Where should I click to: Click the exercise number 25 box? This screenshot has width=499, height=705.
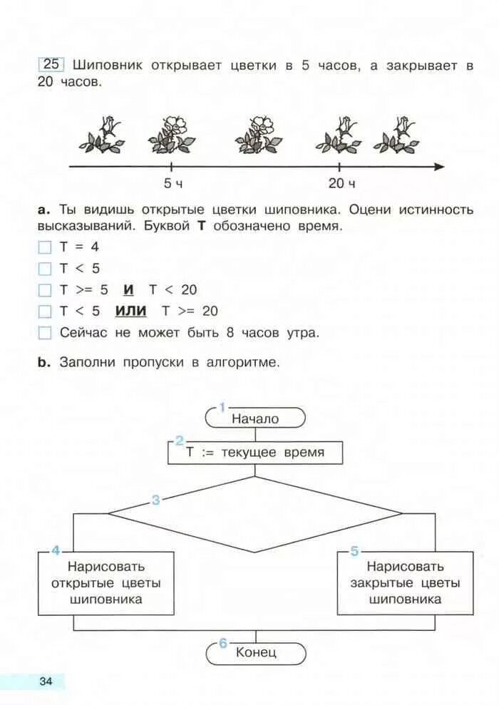tap(52, 64)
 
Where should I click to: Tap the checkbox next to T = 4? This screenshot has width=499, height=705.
tap(46, 248)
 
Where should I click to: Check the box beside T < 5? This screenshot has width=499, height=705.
tap(46, 269)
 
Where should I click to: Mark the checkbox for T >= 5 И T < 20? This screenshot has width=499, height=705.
tap(46, 290)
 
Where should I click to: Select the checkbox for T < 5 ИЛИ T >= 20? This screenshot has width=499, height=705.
tap(46, 312)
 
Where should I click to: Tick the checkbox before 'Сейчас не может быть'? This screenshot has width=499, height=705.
tap(46, 333)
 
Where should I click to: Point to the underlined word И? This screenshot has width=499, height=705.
tap(128, 289)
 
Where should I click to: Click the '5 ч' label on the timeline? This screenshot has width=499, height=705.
tap(173, 184)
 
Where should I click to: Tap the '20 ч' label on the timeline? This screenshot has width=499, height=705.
tap(341, 184)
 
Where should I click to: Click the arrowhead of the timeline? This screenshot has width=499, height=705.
tap(439, 167)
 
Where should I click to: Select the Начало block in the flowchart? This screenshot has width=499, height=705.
tap(255, 418)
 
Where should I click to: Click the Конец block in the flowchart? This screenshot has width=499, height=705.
tap(255, 652)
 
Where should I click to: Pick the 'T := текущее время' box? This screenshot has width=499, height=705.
tap(255, 453)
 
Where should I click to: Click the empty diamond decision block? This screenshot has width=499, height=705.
tap(255, 513)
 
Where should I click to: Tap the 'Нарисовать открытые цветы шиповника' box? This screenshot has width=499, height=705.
tap(106, 583)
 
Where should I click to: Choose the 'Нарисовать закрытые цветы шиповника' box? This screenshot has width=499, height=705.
tap(405, 583)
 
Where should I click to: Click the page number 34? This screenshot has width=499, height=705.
tap(46, 681)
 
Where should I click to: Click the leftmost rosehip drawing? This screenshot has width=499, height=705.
tap(102, 135)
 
